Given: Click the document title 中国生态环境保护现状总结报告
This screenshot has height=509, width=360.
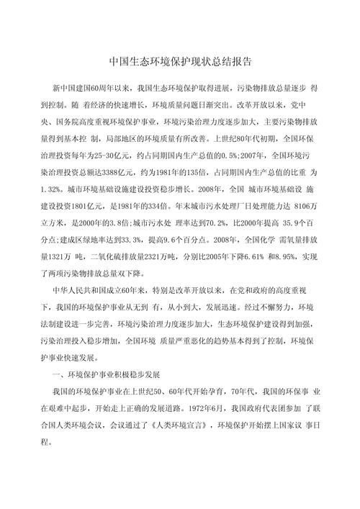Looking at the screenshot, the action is pyautogui.click(x=179, y=63).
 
